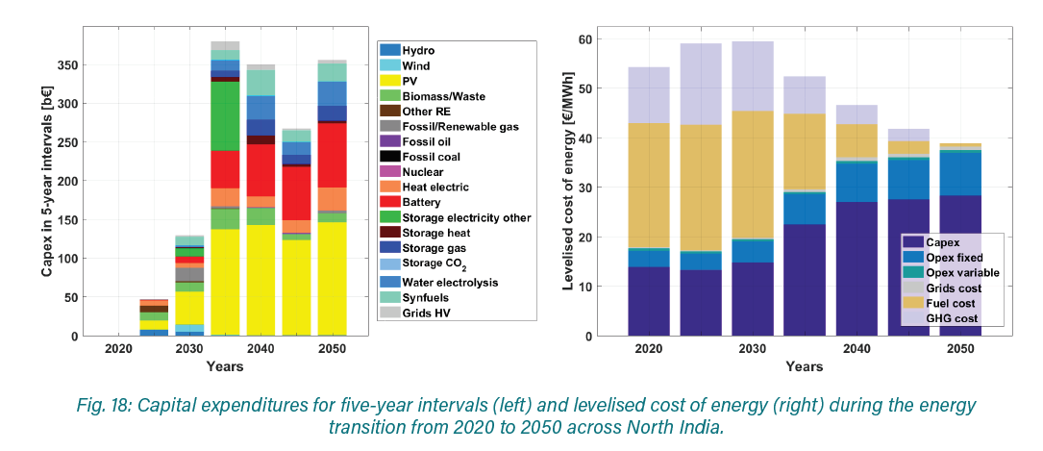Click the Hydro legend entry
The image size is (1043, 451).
416,50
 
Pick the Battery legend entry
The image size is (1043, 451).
421,203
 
